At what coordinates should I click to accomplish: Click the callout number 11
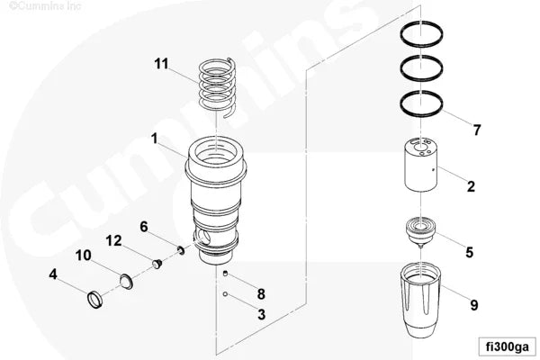coord(161,63)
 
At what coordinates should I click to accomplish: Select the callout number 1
coord(155,139)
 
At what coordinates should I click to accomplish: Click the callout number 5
coord(469,252)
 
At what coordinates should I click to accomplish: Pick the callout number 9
coord(474,304)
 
